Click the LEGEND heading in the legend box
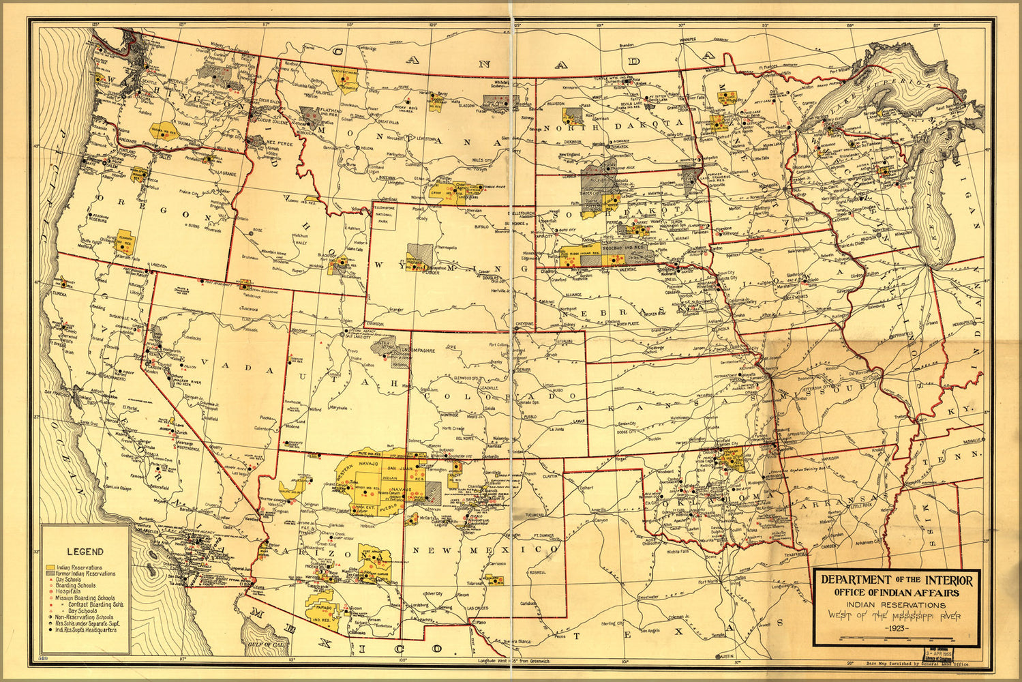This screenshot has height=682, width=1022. click(x=85, y=552)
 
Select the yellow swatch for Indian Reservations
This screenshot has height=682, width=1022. click(x=50, y=567)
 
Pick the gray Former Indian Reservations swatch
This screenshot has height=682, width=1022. click(x=50, y=574)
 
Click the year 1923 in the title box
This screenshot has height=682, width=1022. click(x=895, y=628)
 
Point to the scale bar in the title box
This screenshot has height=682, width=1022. click(x=895, y=639)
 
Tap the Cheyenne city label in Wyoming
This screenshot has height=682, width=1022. click(x=525, y=324)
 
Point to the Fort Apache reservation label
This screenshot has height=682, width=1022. click(x=373, y=552)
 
